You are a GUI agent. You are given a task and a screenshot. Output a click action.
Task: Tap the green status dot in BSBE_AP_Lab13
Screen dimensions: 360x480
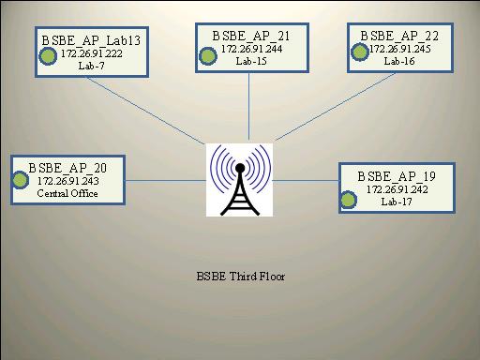46,54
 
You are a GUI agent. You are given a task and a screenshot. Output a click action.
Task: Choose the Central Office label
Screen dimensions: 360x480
67,193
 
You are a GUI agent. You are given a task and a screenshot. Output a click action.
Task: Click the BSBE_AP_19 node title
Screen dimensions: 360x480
396,175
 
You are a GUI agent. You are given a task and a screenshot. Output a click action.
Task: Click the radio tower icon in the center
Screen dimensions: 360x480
239,179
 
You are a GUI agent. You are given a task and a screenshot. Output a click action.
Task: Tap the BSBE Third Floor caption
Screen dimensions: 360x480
241,277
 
